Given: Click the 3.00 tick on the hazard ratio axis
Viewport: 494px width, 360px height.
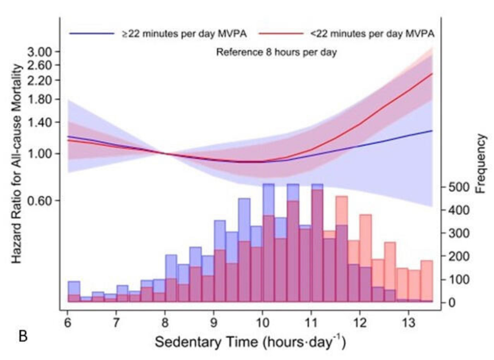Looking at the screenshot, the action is click(39, 52).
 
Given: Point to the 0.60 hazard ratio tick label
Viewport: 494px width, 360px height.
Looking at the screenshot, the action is click(39, 200).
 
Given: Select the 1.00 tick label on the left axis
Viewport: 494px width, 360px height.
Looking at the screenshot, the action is click(39, 154).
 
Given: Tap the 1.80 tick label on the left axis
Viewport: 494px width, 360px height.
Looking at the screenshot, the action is click(39, 100).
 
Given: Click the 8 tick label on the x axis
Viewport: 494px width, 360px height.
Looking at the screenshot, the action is click(165, 322).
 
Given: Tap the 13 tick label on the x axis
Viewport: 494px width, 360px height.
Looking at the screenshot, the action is click(408, 322).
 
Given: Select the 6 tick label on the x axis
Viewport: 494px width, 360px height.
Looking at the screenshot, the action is click(67, 322).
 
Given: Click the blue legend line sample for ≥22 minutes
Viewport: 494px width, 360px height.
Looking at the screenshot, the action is click(91, 33).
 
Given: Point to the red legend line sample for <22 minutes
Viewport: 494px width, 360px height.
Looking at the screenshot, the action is click(280, 33).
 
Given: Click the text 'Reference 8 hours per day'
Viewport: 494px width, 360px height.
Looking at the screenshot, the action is click(276, 52).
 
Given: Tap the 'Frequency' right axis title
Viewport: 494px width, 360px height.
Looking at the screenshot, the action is click(481, 163).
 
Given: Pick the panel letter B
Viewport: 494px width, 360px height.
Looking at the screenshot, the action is click(23, 336).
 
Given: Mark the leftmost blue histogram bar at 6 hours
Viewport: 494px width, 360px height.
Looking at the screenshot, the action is click(74, 292).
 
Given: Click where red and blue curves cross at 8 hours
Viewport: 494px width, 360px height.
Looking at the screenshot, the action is click(165, 154).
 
